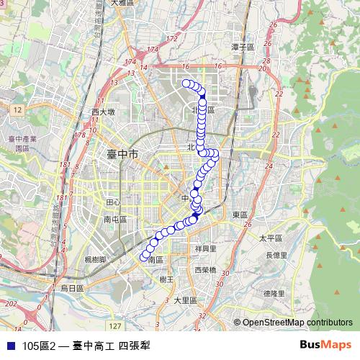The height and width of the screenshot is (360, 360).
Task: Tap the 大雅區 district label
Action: tap(124, 4)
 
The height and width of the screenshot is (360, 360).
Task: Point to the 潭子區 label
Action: tap(243, 47)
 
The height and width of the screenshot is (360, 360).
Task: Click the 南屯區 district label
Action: tap(115, 220)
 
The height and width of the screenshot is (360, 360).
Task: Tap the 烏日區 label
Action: tap(71, 287)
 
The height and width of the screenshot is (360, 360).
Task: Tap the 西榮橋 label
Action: tap(206, 270)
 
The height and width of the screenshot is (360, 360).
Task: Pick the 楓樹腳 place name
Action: tap(95, 258)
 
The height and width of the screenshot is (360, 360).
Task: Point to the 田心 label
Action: tap(113, 203)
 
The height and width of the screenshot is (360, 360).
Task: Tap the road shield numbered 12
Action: tap(18, 108)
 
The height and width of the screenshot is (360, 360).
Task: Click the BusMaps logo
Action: tap(324, 345)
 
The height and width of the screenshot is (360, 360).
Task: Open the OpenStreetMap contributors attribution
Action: tap(297, 323)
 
